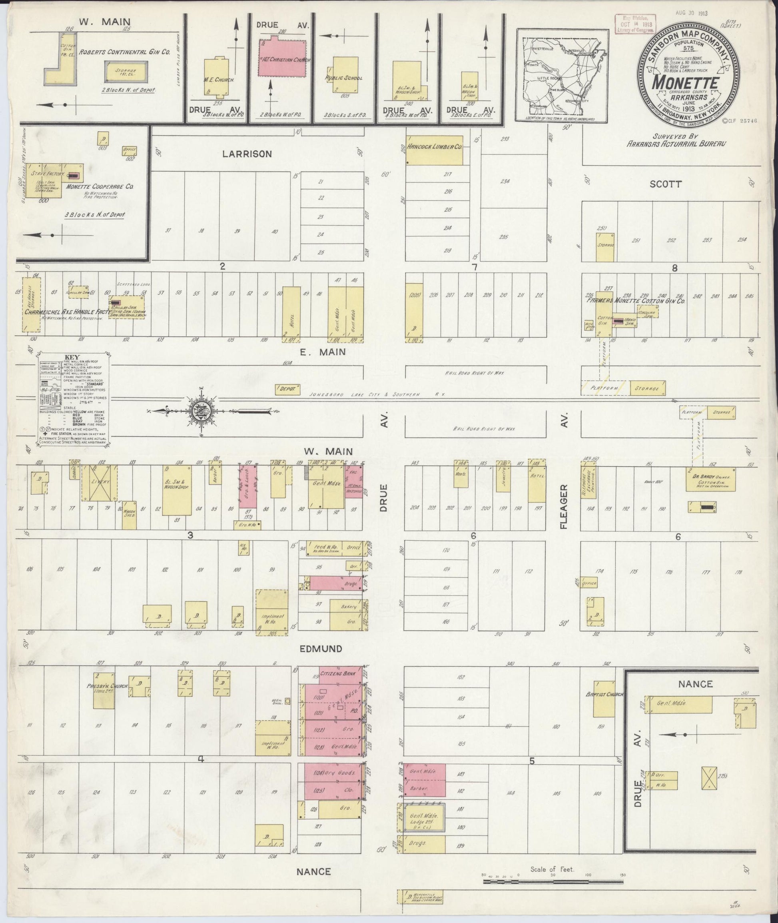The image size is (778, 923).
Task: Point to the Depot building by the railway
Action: pos(287,389)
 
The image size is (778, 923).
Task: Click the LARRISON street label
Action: pos(247,154)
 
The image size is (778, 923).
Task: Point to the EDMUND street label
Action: pos(320,649)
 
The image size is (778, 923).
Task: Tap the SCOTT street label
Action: pos(666,184)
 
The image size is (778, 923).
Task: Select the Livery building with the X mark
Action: pos(100,482)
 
